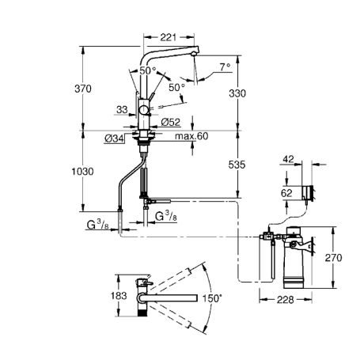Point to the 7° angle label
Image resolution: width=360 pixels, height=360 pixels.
pyautogui.click(x=224, y=67)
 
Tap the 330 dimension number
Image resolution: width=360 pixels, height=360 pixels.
pyautogui.click(x=237, y=93)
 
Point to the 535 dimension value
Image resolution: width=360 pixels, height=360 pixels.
pyautogui.click(x=237, y=165)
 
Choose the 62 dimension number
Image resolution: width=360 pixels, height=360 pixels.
pyautogui.click(x=286, y=191)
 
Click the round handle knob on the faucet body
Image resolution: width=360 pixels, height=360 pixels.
pyautogui.click(x=143, y=110)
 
